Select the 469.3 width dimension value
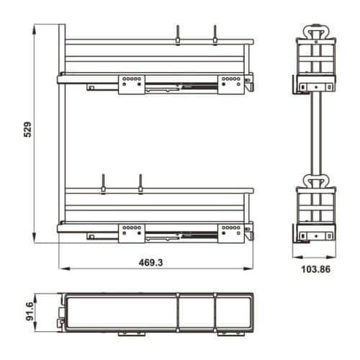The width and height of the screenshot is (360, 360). click(151, 263)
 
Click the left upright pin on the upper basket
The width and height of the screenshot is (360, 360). click(178, 35)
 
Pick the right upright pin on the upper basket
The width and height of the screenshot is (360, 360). click(214, 35)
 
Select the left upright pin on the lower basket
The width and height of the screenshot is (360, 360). click(104, 184)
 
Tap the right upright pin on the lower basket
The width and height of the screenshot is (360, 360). click(140, 184)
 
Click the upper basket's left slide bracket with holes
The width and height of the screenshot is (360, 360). click(132, 84)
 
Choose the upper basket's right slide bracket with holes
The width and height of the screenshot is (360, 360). click(231, 84)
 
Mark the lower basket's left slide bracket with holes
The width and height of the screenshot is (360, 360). click(132, 233)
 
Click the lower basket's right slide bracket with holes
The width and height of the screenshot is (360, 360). click(231, 233)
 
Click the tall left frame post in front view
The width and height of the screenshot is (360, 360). click(63, 130)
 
